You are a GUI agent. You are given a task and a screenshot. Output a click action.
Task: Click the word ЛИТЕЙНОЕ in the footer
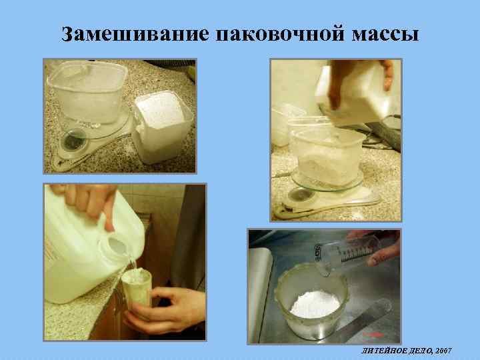379,350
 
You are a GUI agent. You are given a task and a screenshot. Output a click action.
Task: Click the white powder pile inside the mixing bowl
314,303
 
